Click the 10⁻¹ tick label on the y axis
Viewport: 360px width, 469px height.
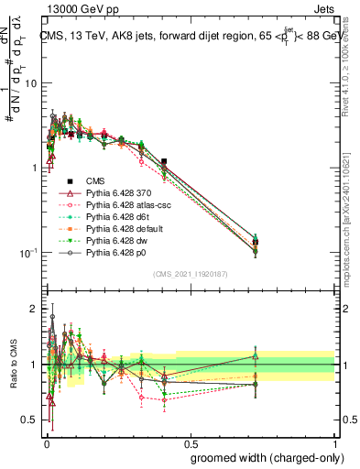click(x=27, y=253)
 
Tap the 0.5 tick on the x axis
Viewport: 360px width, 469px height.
click(x=190, y=441)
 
